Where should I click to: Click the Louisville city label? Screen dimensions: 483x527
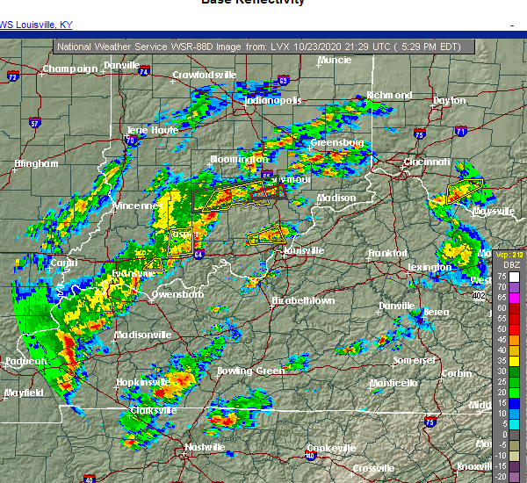pyautogui.click(x=304, y=250)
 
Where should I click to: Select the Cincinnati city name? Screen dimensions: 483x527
pyautogui.click(x=428, y=162)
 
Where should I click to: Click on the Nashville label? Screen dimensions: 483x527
pyautogui.click(x=204, y=447)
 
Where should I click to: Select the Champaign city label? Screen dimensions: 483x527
pyautogui.click(x=71, y=68)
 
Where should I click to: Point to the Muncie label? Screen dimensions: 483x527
pyautogui.click(x=334, y=61)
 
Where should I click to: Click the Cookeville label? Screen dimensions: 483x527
pyautogui.click(x=331, y=448)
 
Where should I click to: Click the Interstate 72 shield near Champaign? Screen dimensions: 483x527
pyautogui.click(x=12, y=77)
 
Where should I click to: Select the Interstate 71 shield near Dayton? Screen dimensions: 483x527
pyautogui.click(x=461, y=131)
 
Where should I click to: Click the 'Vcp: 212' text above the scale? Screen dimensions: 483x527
pyautogui.click(x=509, y=254)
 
